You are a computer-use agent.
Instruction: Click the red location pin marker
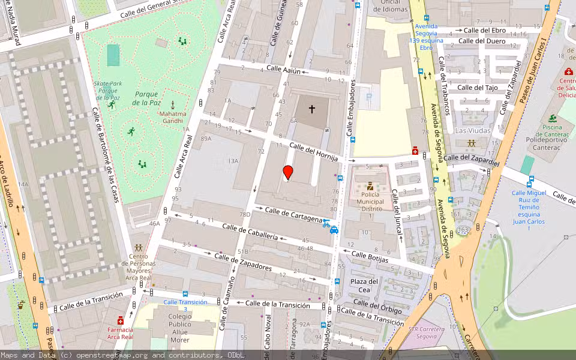point(288,172)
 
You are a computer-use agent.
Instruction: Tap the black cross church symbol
point(311,109)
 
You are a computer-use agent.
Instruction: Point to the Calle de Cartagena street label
point(293,214)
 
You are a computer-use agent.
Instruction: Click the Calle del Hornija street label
point(314,151)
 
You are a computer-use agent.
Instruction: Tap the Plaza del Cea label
point(365,286)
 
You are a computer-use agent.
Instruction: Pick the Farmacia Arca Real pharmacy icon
point(121,320)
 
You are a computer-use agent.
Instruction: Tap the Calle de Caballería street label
point(250,232)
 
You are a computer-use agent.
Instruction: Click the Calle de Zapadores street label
point(243,262)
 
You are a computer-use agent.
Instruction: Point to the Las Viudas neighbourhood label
point(473,130)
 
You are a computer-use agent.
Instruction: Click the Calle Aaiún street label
point(283,70)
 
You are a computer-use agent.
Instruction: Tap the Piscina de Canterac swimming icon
point(551,118)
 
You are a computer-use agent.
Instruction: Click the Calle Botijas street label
point(370,257)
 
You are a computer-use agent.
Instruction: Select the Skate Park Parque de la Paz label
point(108,91)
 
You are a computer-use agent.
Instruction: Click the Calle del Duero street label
point(482,41)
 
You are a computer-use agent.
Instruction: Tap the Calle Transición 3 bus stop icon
point(185,294)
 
